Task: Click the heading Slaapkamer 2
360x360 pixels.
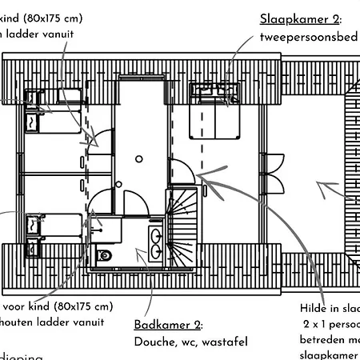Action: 300,19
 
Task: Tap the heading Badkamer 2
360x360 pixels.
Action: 168,325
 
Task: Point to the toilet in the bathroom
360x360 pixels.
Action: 104,255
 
